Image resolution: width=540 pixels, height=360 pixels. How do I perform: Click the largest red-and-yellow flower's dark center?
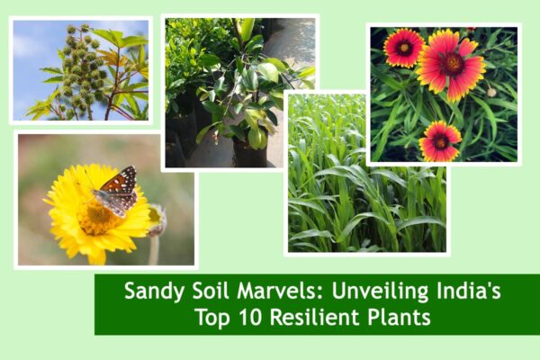tap(451, 63)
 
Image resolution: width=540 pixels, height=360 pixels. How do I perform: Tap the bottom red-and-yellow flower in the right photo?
tap(440, 141)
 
